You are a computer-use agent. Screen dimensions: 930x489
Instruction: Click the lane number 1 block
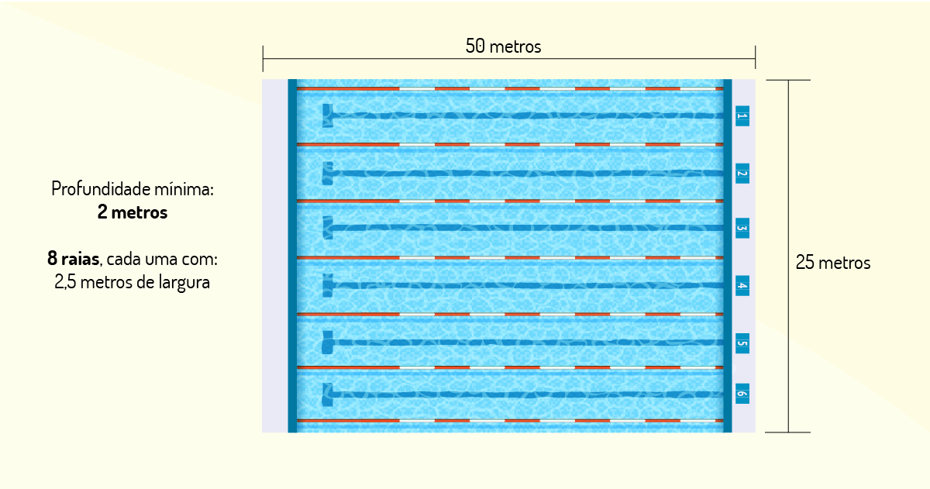742,115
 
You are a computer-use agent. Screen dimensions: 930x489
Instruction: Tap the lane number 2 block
742,174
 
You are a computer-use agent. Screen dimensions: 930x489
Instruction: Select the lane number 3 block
742,228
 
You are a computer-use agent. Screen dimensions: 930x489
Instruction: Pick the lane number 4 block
742,286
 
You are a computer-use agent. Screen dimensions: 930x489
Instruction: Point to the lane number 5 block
742,343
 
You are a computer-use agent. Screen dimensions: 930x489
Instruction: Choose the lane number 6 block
742,394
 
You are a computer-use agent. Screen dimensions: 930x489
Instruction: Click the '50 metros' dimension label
503,46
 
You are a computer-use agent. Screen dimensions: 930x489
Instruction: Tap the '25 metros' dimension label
833,263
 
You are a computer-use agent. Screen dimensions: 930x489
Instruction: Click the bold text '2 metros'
133,212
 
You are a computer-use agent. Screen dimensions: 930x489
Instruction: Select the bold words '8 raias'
73,259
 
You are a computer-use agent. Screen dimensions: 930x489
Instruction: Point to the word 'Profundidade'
101,189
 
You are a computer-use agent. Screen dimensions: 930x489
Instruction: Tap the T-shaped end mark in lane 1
328,115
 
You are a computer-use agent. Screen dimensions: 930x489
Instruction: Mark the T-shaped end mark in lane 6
328,394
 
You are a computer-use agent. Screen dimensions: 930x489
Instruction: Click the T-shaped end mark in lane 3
328,228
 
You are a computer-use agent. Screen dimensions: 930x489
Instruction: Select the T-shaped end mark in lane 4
328,285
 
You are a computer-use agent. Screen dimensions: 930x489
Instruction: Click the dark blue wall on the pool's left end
292,256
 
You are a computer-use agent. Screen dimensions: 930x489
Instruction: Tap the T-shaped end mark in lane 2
328,173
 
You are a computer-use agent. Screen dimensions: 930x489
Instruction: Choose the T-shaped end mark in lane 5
328,343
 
